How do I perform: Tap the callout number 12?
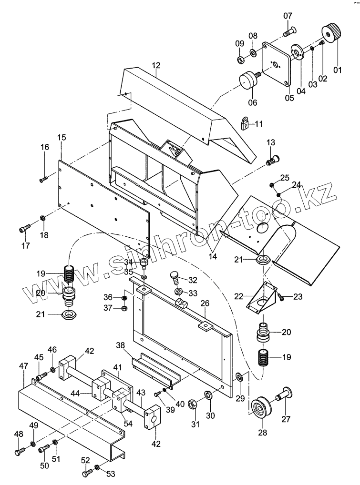[x=156, y=66]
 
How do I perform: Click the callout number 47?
[x=23, y=366]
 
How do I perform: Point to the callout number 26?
[x=205, y=303]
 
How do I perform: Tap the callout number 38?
[x=121, y=345]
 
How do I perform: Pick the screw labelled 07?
[x=289, y=31]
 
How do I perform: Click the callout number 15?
[x=62, y=137]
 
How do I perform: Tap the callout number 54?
[x=128, y=423]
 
